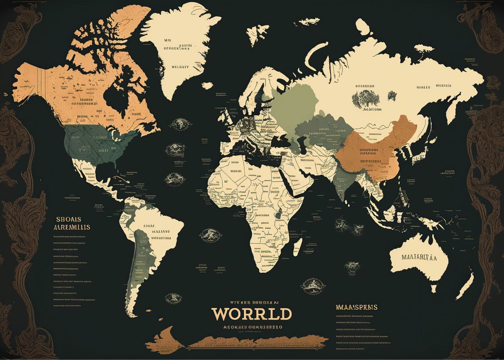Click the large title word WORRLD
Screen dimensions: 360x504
pos(251,314)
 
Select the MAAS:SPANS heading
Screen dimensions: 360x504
pos(357,307)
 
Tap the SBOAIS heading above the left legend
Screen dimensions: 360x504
pos(69,219)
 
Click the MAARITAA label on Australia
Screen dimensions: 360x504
pos(419,258)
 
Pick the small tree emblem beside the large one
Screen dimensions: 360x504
pos(392,96)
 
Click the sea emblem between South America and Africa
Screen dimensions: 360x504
pos(206,234)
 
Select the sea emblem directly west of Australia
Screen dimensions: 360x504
pos(352,266)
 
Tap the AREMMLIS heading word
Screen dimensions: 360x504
pos(71,227)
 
